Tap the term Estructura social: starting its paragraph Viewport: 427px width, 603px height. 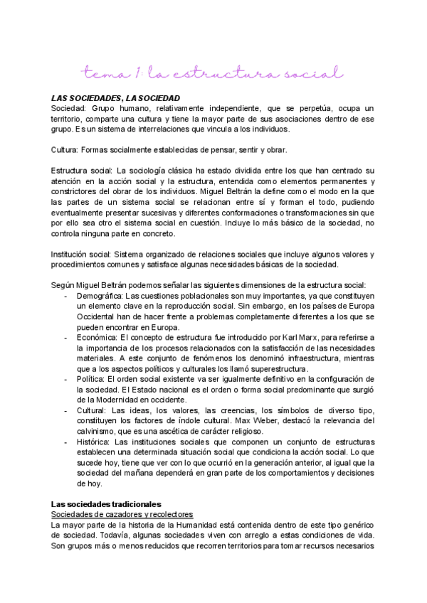click(82, 171)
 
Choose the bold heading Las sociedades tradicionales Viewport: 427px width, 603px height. click(106, 503)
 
